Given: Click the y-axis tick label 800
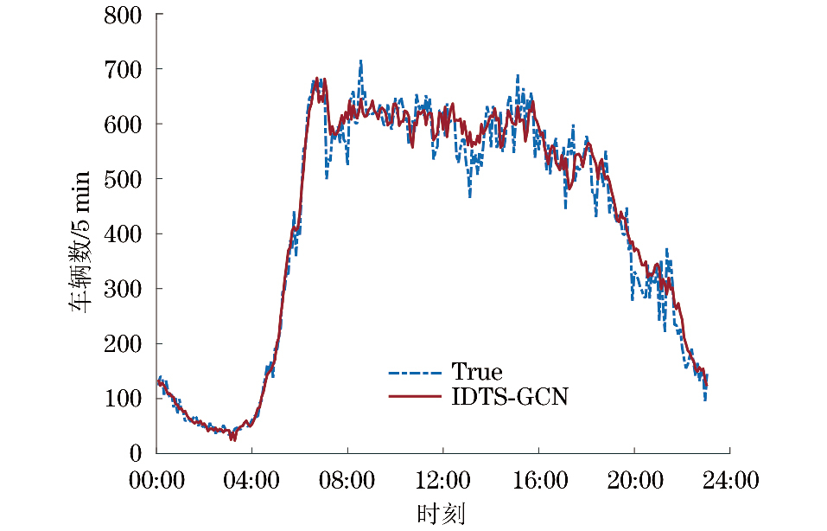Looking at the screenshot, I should pyautogui.click(x=122, y=15).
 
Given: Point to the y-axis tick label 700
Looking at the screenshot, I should pyautogui.click(x=122, y=69).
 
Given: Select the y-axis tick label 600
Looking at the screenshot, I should pyautogui.click(x=122, y=124).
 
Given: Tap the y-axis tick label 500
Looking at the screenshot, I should pyautogui.click(x=122, y=179).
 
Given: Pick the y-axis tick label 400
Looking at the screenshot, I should pyautogui.click(x=122, y=234).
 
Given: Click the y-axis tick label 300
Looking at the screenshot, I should pyautogui.click(x=122, y=289).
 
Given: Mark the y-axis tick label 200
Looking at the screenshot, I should pyautogui.click(x=122, y=343).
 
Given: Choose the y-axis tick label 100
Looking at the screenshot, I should pyautogui.click(x=122, y=399).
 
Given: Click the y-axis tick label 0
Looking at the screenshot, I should pyautogui.click(x=137, y=453).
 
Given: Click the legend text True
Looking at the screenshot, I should pyautogui.click(x=476, y=373).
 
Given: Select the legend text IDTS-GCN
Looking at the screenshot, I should pyautogui.click(x=510, y=398).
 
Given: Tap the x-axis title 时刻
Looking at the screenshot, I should pyautogui.click(x=442, y=514).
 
